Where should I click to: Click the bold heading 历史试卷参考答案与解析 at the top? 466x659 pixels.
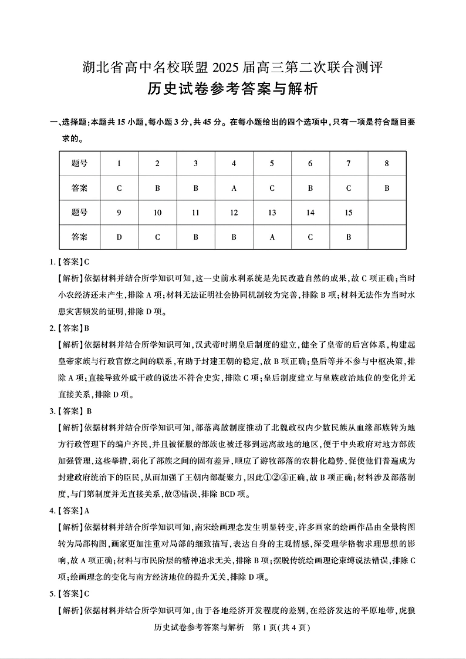click(232, 89)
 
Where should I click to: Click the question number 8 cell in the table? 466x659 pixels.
click(387, 164)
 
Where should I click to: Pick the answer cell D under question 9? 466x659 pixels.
click(119, 237)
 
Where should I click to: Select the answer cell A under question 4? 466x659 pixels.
click(234, 189)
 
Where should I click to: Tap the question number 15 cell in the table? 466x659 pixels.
click(349, 213)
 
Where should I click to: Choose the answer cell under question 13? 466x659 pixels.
click(272, 237)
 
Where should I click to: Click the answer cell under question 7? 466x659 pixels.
click(349, 189)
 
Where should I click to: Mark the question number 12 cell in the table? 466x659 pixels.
click(234, 213)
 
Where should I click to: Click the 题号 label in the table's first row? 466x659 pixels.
click(79, 164)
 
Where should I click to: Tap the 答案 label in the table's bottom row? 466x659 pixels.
click(79, 237)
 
